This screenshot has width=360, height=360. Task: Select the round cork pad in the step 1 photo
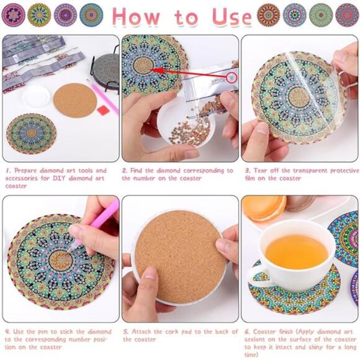click(74, 99)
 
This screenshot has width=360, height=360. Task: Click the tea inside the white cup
click(296, 251)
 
